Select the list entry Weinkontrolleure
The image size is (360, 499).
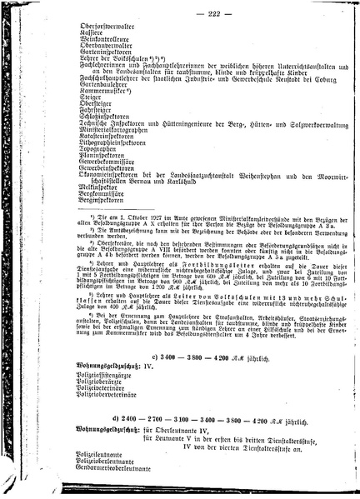(x=79, y=39)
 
